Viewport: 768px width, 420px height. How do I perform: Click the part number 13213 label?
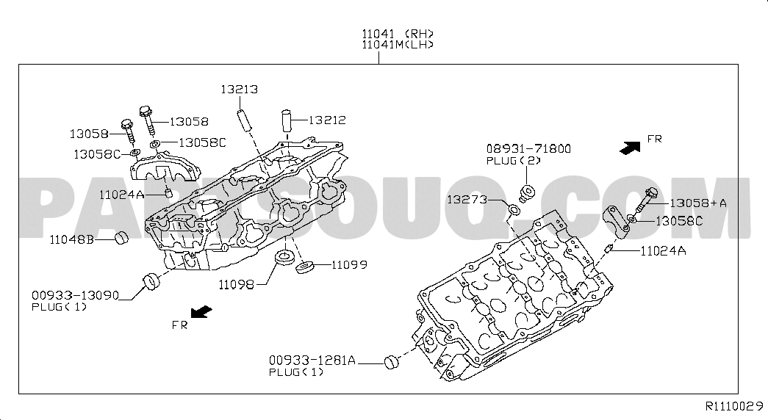(239, 90)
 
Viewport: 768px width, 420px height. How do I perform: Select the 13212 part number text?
(327, 120)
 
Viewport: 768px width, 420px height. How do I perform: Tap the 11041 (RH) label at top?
(398, 34)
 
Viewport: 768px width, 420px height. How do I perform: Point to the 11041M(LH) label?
(398, 45)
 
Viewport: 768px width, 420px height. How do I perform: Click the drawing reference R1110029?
(734, 406)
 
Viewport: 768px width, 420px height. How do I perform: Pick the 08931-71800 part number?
(528, 148)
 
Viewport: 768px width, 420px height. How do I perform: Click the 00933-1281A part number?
(312, 361)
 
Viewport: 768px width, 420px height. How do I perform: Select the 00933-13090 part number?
(76, 295)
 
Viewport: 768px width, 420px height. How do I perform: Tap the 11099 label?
(349, 265)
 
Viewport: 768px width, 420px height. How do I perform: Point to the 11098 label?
(236, 284)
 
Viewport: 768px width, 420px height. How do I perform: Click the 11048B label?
(72, 240)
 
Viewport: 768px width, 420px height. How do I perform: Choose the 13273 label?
(467, 199)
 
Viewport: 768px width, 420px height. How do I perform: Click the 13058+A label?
(698, 203)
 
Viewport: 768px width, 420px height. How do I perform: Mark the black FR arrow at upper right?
(630, 148)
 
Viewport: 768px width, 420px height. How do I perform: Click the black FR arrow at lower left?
(201, 312)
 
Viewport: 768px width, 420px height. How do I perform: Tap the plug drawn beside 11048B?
(121, 239)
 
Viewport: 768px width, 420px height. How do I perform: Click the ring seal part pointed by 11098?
(283, 258)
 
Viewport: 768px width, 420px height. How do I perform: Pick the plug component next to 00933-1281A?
(391, 362)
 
